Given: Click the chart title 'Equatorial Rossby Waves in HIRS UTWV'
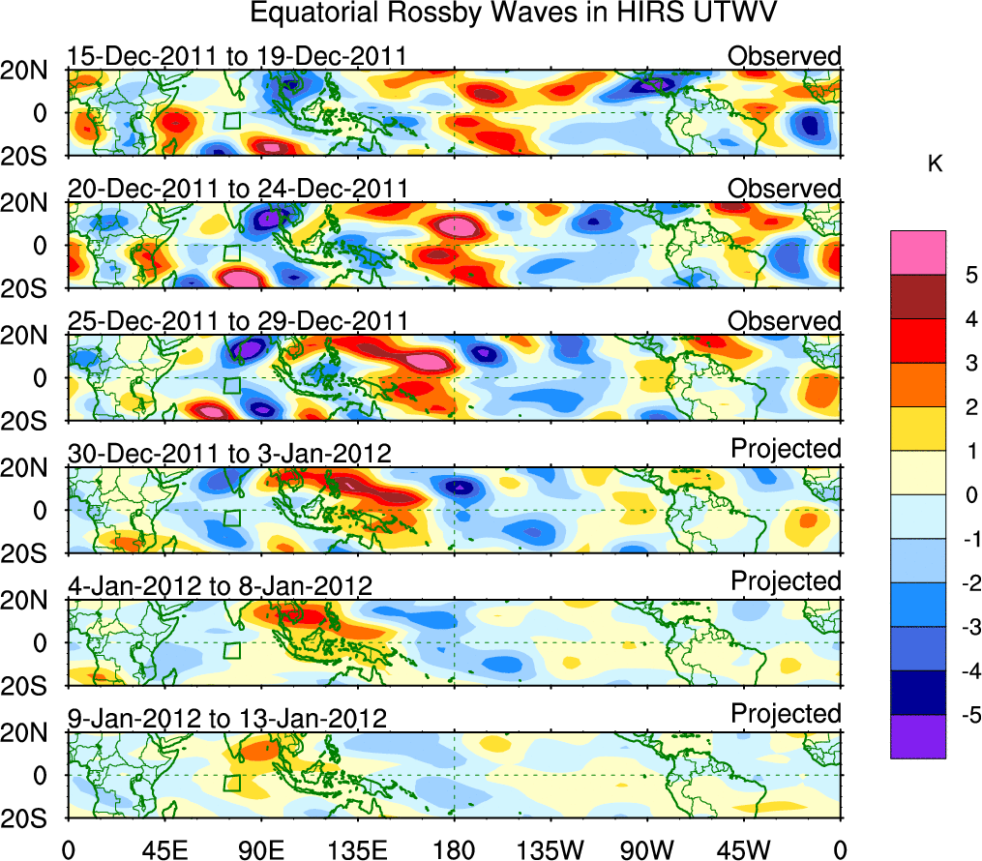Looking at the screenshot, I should point(514,14).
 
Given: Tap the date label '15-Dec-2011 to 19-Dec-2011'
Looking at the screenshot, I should point(237,56).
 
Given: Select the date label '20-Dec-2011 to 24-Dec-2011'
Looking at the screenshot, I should point(238,189).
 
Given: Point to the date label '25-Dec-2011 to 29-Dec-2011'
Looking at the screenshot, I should point(238,321).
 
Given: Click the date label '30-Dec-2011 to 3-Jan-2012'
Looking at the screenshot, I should point(229,454).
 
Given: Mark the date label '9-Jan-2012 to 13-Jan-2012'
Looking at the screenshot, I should point(227,719).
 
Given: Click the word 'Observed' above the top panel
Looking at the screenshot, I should point(785,56).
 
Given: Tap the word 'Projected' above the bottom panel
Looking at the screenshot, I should point(786,714).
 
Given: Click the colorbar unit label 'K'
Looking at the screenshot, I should point(935,165).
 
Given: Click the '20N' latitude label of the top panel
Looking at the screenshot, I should point(32,70).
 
